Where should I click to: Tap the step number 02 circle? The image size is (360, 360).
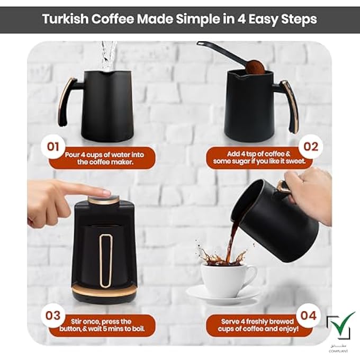click(x=310, y=147)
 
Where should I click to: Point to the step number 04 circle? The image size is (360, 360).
click(x=310, y=316)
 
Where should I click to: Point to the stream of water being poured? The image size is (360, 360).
click(x=109, y=56)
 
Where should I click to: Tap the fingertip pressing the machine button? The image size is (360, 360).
click(x=103, y=192)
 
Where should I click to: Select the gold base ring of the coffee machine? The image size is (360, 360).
click(x=104, y=290)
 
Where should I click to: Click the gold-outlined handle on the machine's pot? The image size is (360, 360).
click(x=106, y=260)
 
